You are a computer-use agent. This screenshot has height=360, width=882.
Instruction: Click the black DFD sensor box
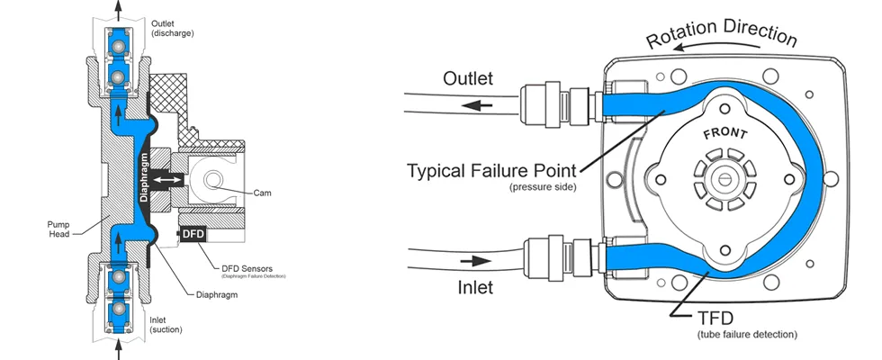[x=193, y=234]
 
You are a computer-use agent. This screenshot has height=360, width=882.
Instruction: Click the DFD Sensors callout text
[x=247, y=267]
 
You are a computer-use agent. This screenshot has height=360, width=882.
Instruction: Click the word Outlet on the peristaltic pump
[x=468, y=79]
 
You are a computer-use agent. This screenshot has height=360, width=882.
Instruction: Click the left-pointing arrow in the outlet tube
[x=477, y=104]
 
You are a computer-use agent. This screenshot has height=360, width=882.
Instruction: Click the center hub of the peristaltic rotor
[x=724, y=178]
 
